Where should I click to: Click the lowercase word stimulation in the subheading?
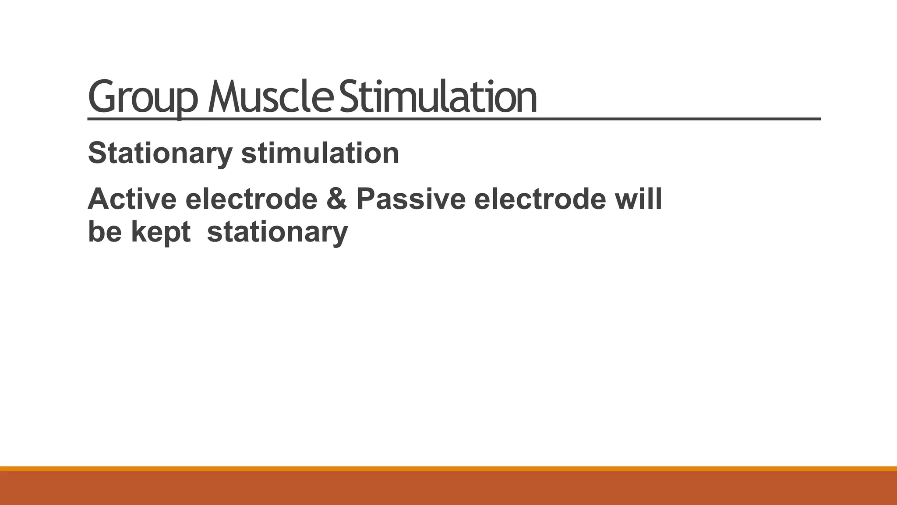(320, 153)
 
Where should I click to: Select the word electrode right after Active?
(251, 199)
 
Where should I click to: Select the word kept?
(161, 232)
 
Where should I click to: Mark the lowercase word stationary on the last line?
(277, 232)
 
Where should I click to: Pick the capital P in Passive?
(367, 199)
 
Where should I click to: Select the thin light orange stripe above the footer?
(448, 469)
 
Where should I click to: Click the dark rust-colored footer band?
(448, 488)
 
